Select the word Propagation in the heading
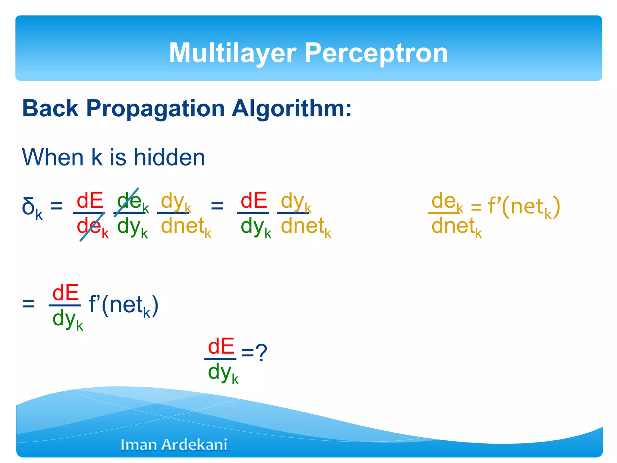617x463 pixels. click(155, 109)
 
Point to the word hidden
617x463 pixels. click(169, 157)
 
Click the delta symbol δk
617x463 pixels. click(32, 208)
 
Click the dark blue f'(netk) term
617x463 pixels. click(124, 305)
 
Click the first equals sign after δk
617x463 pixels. click(57, 207)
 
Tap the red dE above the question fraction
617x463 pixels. click(221, 347)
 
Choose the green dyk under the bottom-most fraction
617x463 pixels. click(223, 373)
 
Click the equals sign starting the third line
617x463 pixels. click(29, 304)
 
